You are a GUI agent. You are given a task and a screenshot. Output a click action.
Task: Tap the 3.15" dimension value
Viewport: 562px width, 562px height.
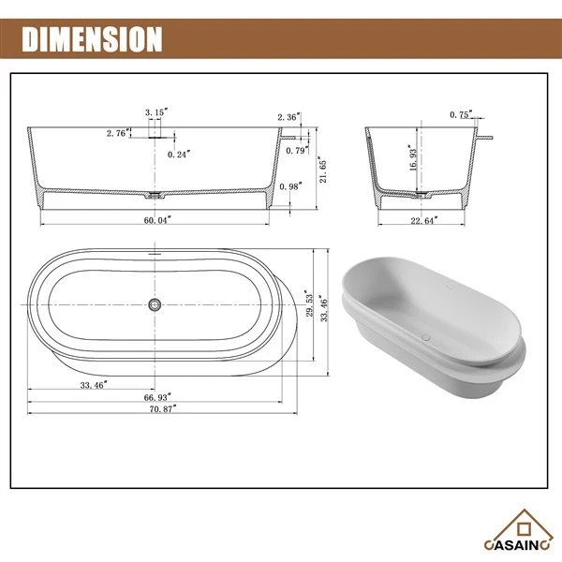pyautogui.click(x=156, y=111)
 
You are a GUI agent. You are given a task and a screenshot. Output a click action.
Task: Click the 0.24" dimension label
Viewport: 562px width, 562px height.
pyautogui.click(x=179, y=153)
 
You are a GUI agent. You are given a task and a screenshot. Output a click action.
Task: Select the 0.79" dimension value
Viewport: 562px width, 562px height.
pyautogui.click(x=296, y=149)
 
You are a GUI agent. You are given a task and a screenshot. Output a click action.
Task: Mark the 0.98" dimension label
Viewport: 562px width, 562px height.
pyautogui.click(x=292, y=185)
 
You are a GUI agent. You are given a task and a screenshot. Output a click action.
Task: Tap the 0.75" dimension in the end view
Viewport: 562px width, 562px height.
pyautogui.click(x=459, y=114)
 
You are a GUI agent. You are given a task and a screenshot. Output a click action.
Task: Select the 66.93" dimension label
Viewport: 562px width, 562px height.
pyautogui.click(x=155, y=396)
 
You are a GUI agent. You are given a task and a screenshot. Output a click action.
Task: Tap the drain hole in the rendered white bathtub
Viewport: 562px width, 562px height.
pyautogui.click(x=428, y=333)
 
